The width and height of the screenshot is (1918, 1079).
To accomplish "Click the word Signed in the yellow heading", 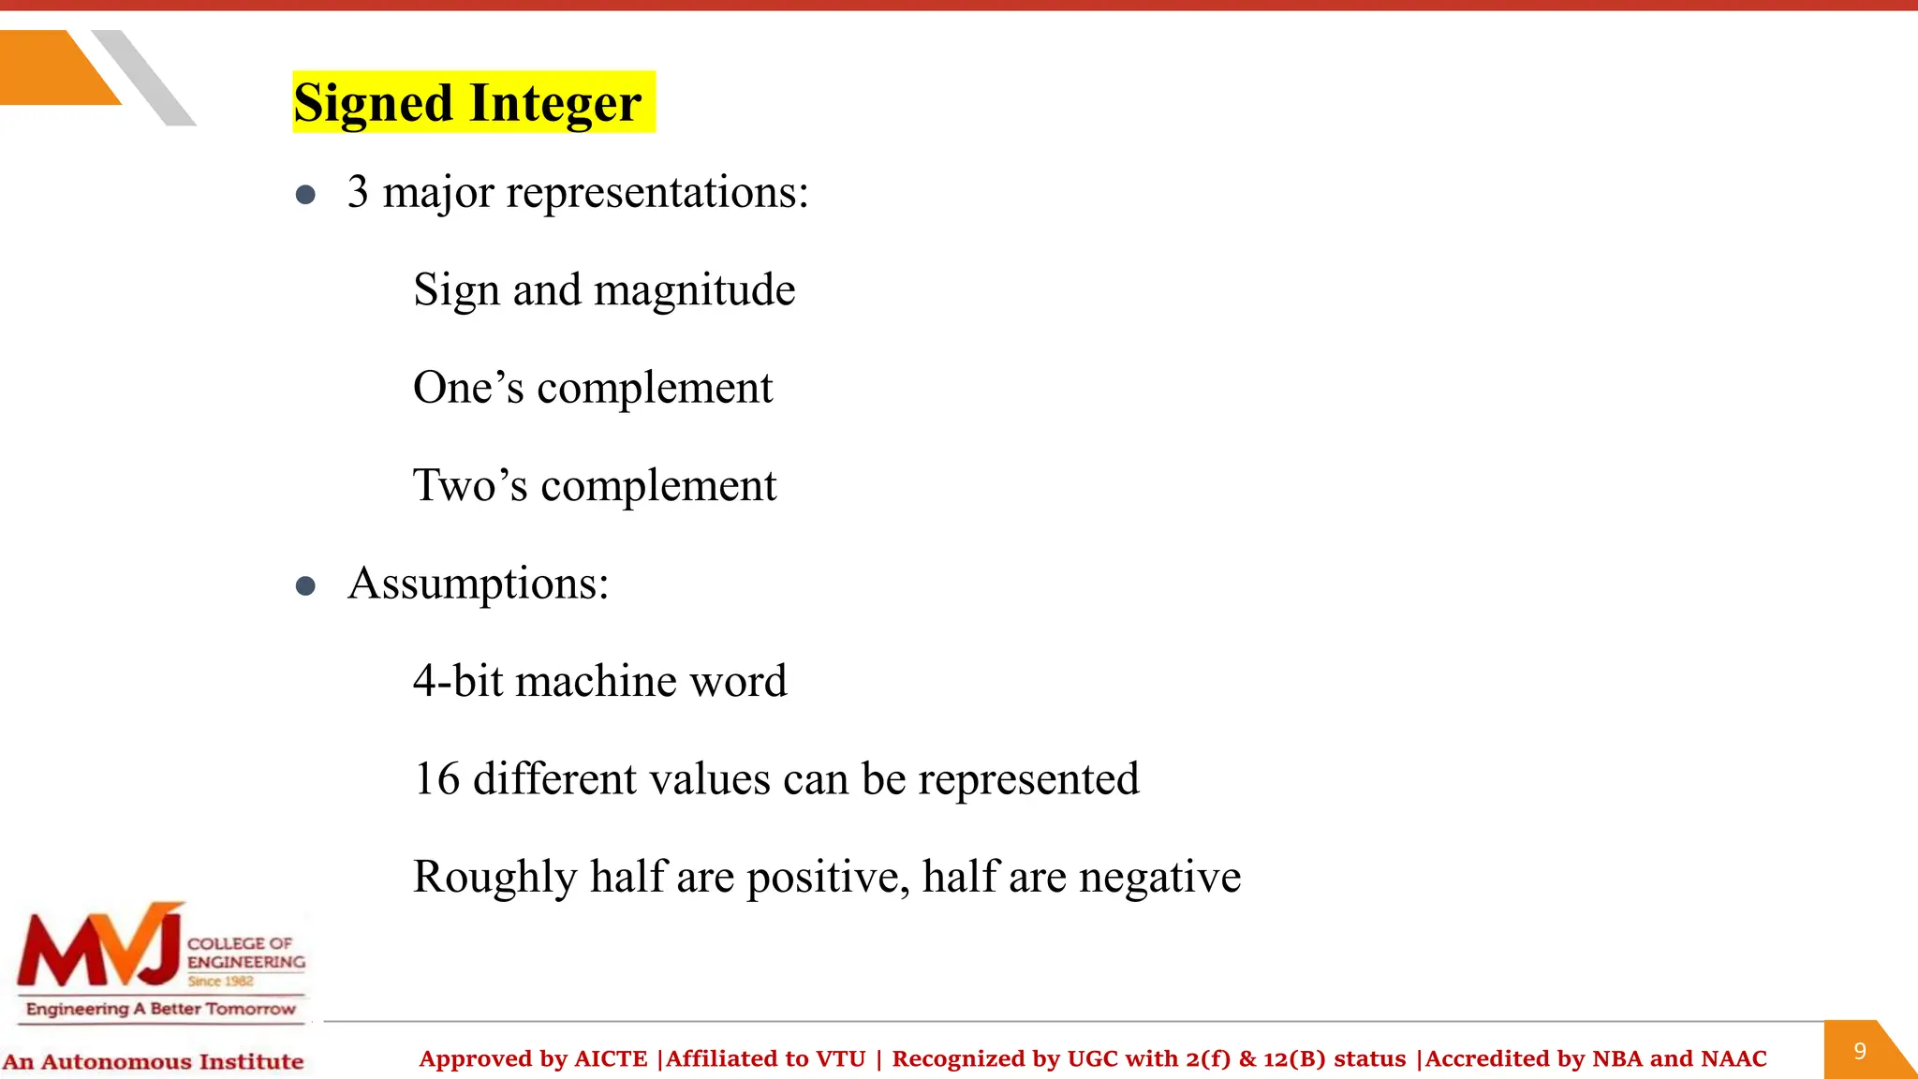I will click(373, 103).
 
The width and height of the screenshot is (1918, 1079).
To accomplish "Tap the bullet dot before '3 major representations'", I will click(305, 195).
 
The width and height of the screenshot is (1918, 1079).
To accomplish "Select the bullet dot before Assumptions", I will click(305, 586).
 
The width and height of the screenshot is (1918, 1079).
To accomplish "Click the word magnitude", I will click(694, 290).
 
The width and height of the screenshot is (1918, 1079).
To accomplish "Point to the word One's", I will click(468, 388).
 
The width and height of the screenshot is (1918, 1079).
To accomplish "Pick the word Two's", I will click(470, 486).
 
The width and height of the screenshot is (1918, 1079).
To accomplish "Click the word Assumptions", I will click(478, 584).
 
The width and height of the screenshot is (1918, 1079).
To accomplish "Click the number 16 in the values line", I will click(436, 779).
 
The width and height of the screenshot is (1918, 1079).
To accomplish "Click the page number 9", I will click(1860, 1051).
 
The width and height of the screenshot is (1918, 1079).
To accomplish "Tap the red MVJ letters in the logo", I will click(98, 948).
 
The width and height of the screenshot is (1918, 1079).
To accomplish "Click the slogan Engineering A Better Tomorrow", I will click(160, 1009).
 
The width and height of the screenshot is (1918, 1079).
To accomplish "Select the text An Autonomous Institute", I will click(153, 1062).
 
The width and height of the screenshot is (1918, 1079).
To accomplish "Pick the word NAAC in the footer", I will click(1733, 1059).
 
